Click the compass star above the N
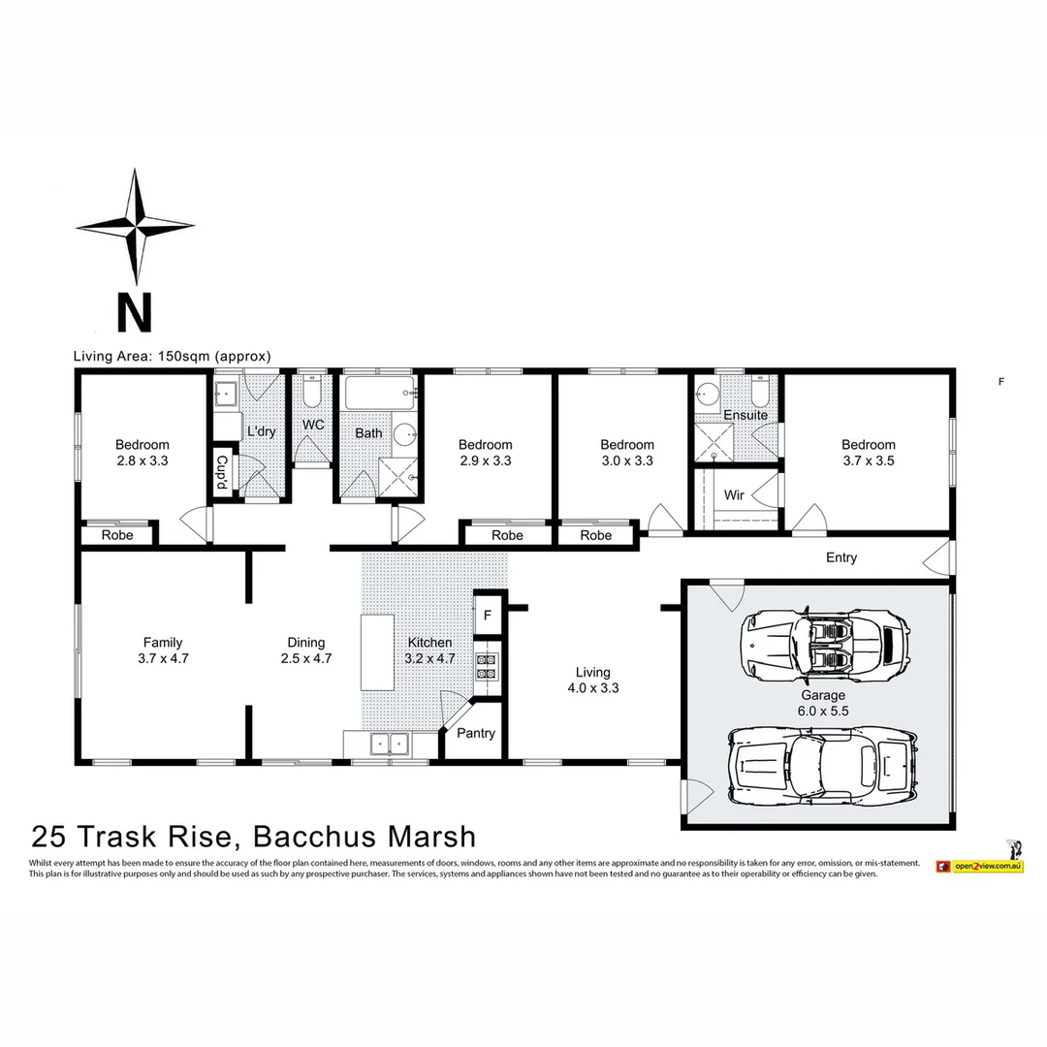tap(135, 226)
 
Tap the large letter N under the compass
tap(135, 313)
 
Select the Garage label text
tap(823, 695)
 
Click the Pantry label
tap(476, 733)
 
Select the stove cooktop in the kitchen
tap(486, 666)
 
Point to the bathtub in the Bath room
tap(380, 395)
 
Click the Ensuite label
tap(746, 415)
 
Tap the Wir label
tap(734, 495)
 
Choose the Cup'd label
tap(222, 473)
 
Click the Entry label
tap(841, 557)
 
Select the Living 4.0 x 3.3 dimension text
tap(592, 688)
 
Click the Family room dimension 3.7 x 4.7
tap(162, 658)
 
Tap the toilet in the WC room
tap(310, 394)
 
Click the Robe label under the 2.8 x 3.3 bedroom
tap(117, 535)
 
